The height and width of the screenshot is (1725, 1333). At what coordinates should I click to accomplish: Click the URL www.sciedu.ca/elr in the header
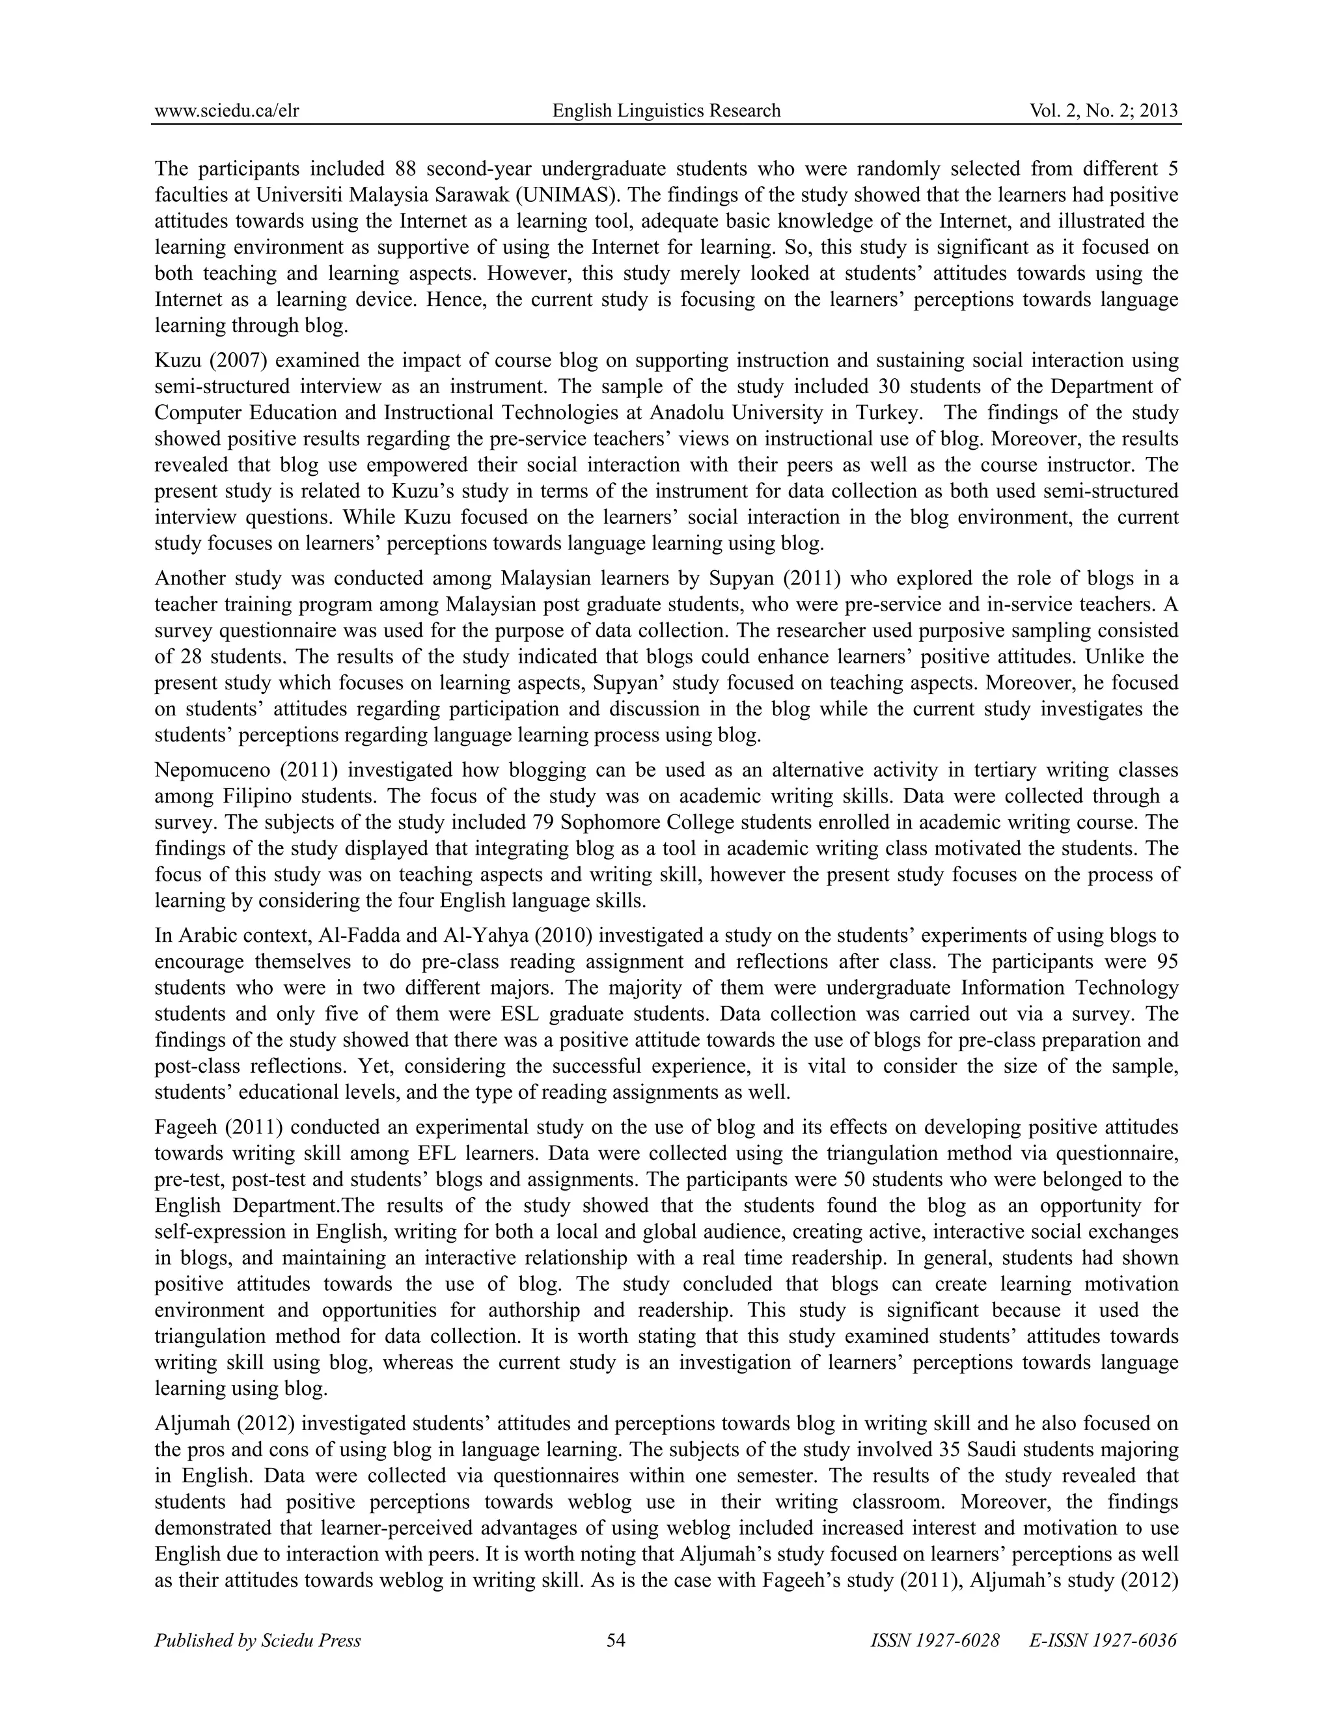click(227, 111)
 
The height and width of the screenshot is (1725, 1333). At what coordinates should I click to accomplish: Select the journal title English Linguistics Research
click(666, 111)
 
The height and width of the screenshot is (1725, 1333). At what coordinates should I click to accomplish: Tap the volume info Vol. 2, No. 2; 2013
click(1103, 111)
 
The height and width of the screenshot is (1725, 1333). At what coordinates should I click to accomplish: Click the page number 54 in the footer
click(616, 1641)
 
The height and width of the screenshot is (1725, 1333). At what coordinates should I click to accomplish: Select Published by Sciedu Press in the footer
click(258, 1641)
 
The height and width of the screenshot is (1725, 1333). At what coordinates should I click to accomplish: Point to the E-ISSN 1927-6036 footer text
click(1103, 1641)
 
